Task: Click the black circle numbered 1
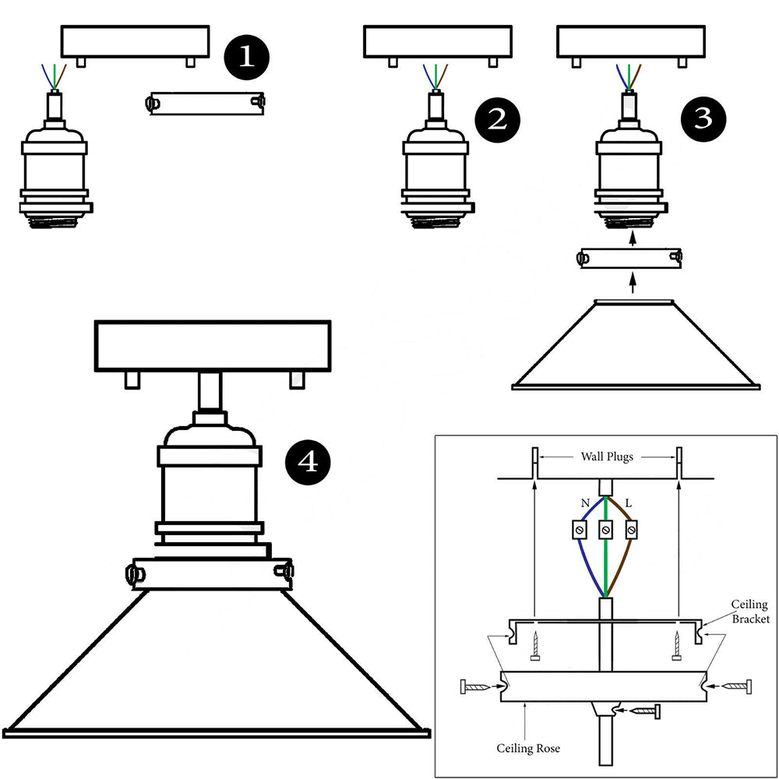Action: [x=246, y=58]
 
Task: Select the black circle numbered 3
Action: [x=703, y=118]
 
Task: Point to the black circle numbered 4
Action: [x=308, y=462]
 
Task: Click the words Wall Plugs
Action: [x=607, y=456]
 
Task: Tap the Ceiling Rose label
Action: [x=528, y=749]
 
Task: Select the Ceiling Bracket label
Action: [x=749, y=612]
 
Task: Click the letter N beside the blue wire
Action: [x=584, y=504]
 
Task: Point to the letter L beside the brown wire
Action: [x=629, y=504]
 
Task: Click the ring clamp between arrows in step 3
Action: [x=631, y=257]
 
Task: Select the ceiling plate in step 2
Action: [x=438, y=42]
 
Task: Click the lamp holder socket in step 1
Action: [x=55, y=171]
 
